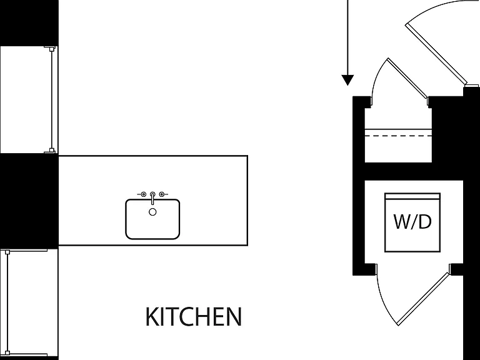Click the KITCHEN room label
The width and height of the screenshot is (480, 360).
[194, 316]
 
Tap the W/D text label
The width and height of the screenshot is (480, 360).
[412, 222]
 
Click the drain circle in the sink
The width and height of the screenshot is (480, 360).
[152, 212]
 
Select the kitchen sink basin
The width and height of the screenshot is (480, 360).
[152, 219]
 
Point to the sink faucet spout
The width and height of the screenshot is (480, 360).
[152, 198]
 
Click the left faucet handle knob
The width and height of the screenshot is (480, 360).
[143, 194]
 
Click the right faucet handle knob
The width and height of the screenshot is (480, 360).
[162, 194]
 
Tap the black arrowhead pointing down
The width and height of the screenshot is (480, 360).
[347, 79]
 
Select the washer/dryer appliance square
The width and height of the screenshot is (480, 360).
[412, 222]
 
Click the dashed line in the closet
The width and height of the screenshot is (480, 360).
[398, 136]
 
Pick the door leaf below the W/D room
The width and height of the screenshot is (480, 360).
[424, 299]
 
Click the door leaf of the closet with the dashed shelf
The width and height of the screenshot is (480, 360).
[407, 77]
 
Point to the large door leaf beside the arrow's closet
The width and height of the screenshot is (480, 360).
[436, 54]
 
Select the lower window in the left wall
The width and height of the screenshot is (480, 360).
[29, 304]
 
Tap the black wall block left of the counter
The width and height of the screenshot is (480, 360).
[29, 201]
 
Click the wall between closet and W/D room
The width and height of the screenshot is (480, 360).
[413, 171]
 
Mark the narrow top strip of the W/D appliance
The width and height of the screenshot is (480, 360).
[412, 196]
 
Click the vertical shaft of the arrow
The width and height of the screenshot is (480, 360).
[347, 37]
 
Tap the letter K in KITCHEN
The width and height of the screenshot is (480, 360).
[151, 316]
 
